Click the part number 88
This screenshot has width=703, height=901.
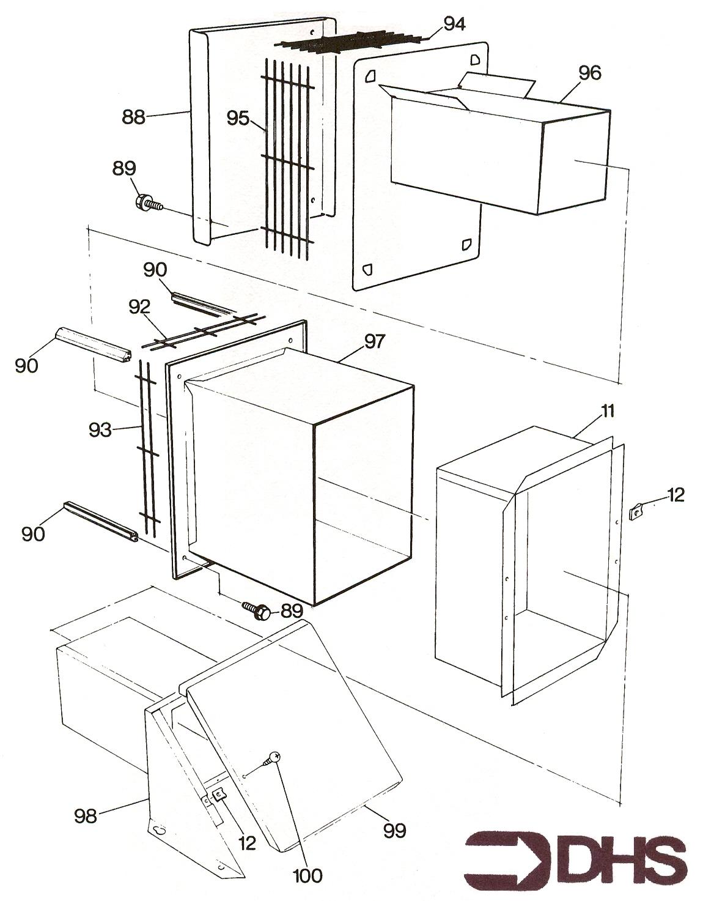click(x=133, y=116)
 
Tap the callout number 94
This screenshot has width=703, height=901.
click(x=454, y=24)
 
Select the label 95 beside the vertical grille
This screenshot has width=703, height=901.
click(x=238, y=117)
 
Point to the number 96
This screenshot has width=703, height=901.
click(x=589, y=73)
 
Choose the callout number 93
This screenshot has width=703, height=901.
click(x=100, y=430)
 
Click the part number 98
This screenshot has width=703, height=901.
click(x=86, y=815)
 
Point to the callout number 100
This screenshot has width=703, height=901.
click(x=307, y=875)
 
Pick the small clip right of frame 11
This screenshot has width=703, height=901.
click(x=637, y=509)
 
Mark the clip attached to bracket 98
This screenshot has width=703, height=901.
click(x=217, y=795)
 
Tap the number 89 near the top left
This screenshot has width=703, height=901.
click(x=124, y=168)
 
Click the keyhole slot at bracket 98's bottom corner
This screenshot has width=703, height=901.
click(x=158, y=830)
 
